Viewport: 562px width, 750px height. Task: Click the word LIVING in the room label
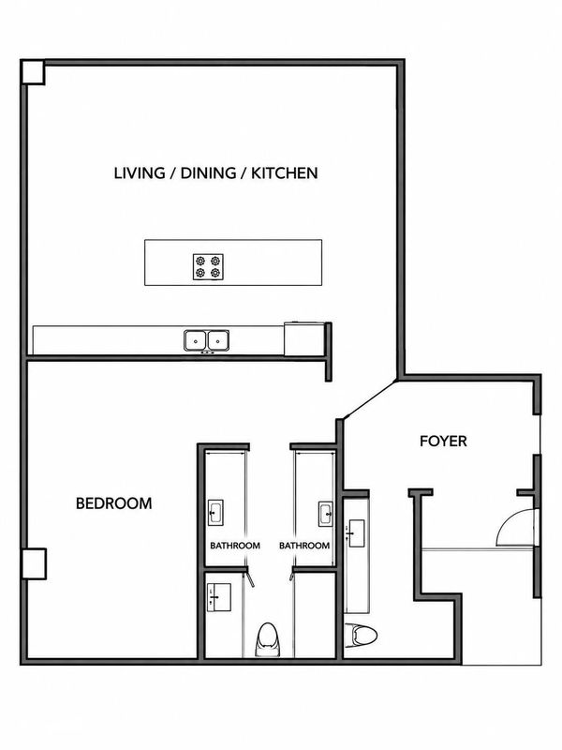(140, 173)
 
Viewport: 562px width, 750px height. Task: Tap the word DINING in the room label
(208, 173)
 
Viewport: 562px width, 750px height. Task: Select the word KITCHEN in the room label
(285, 173)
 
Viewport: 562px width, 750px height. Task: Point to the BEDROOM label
(114, 503)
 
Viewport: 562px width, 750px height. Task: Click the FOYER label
(443, 441)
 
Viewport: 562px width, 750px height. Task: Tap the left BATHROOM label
(235, 546)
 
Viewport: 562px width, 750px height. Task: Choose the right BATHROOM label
(304, 546)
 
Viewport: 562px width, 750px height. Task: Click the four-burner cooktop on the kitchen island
(208, 267)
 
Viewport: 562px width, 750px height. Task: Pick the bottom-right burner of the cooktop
(215, 273)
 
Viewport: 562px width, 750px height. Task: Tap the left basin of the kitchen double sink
(196, 340)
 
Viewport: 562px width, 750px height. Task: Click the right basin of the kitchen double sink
(217, 340)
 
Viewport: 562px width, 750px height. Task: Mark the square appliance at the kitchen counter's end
(304, 339)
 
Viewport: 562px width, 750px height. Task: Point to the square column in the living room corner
(33, 73)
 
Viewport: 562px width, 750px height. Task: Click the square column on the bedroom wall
(34, 564)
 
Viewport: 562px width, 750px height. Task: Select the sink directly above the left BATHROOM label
(215, 513)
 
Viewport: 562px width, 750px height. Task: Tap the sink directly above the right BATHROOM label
(326, 514)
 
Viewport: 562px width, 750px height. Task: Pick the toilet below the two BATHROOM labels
(267, 639)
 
